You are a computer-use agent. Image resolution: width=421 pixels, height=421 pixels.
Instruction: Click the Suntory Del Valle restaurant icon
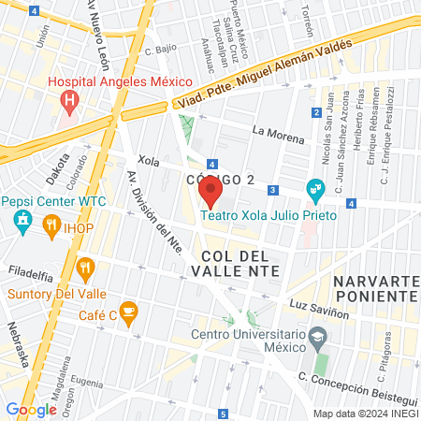coord(85,269)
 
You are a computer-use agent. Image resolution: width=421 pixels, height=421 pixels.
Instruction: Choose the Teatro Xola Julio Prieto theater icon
coord(315,189)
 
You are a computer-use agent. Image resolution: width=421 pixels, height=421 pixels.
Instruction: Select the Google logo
coord(31,409)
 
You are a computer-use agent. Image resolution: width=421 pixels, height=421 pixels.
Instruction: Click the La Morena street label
coord(279,135)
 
